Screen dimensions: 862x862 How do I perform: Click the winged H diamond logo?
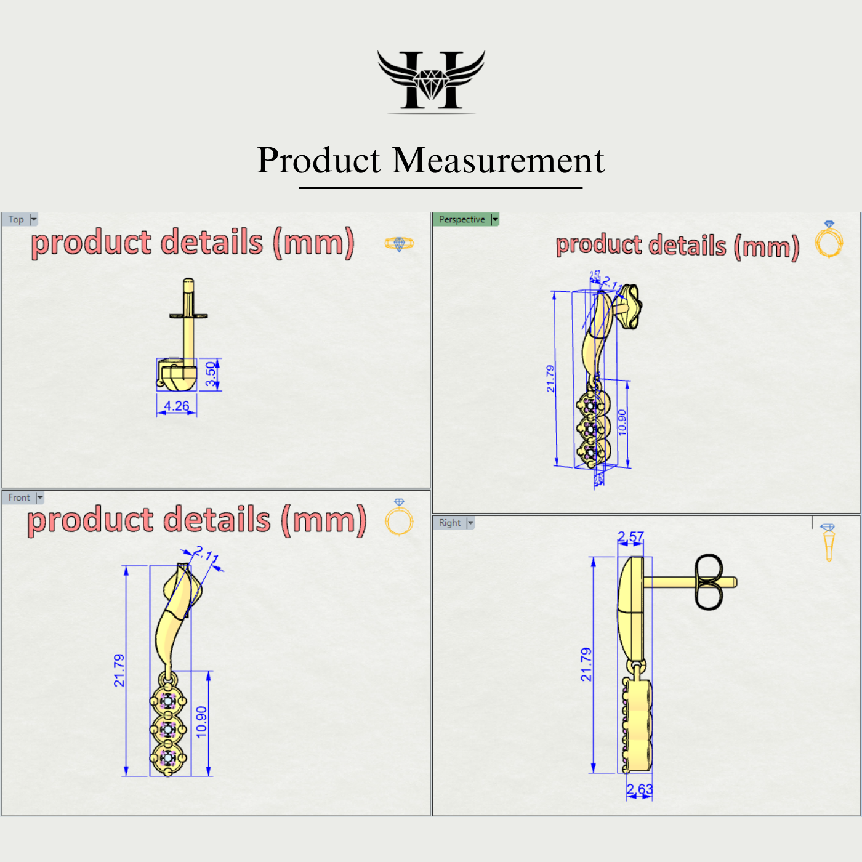coord(431,81)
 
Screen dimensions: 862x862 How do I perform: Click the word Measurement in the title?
coord(498,161)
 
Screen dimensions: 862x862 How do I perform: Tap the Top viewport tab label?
coord(16,219)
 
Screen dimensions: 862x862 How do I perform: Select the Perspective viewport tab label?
coord(462,219)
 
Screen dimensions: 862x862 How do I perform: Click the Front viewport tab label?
coord(19,497)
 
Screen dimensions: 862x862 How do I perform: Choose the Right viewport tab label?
coord(449,523)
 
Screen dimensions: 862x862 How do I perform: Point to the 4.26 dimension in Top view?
coord(177,406)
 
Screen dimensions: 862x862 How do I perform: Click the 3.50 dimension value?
coord(211,374)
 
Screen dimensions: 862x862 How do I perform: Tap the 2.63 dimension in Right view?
coord(640,789)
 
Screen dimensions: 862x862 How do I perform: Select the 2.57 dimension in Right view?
coord(630,537)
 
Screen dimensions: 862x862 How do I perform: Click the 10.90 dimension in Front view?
coord(201,722)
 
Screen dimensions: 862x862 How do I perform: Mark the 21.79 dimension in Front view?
coord(119,670)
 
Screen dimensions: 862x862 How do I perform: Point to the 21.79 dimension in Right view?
coord(586,664)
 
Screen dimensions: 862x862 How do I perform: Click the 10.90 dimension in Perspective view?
coord(622,422)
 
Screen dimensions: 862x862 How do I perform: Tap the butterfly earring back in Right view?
coord(709,582)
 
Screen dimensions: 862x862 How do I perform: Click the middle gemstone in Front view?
coord(167,729)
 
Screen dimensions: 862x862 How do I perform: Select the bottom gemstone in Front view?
coord(167,756)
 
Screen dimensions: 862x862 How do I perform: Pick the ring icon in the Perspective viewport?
coord(829,240)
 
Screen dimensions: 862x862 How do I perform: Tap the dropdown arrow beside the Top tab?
coord(34,219)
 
